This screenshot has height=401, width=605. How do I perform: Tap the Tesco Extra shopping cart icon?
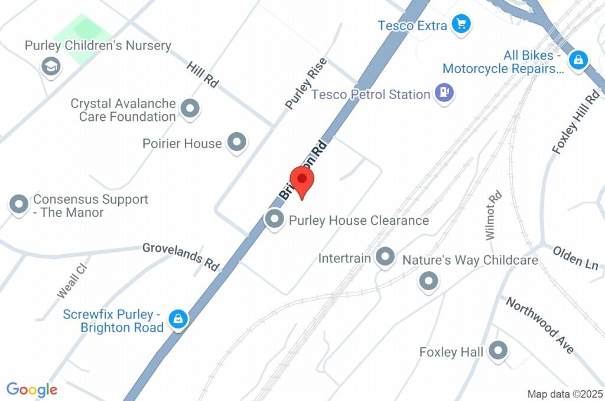tap(460, 25)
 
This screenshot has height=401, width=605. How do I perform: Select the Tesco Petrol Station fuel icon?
tap(444, 93)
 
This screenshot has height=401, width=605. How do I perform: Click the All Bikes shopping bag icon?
tap(578, 60)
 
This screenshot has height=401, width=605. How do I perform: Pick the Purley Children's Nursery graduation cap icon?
tap(51, 66)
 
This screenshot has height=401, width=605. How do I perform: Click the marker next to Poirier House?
tap(237, 142)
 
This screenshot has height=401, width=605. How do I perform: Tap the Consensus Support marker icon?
tap(19, 205)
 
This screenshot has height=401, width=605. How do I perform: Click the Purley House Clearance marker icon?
tap(274, 219)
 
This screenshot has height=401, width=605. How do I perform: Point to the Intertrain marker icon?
tap(385, 257)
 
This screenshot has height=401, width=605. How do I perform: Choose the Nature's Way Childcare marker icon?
tap(428, 280)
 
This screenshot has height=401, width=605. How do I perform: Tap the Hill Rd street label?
tap(202, 74)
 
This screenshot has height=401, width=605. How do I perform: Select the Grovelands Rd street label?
tap(181, 257)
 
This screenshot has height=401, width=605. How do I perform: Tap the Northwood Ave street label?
tap(540, 325)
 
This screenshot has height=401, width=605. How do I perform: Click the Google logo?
tap(32, 390)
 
